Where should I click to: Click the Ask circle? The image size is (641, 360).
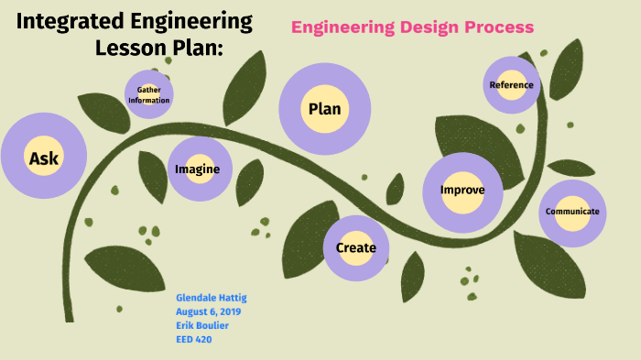click(x=43, y=158)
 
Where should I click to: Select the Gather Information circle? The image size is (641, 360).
click(x=148, y=94)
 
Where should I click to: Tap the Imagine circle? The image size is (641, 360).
click(x=199, y=169)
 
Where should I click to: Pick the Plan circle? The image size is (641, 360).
click(x=324, y=109)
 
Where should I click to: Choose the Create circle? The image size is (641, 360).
click(x=356, y=247)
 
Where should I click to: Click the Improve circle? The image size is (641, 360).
click(x=462, y=191)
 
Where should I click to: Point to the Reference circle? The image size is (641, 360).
click(x=511, y=85)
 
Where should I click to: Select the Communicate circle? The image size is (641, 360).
click(x=572, y=212)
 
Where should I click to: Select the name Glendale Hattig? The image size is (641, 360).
click(x=212, y=298)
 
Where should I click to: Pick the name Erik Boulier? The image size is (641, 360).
click(x=204, y=325)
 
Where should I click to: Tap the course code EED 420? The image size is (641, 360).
click(x=194, y=339)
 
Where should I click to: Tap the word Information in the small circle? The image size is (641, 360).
click(x=148, y=100)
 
